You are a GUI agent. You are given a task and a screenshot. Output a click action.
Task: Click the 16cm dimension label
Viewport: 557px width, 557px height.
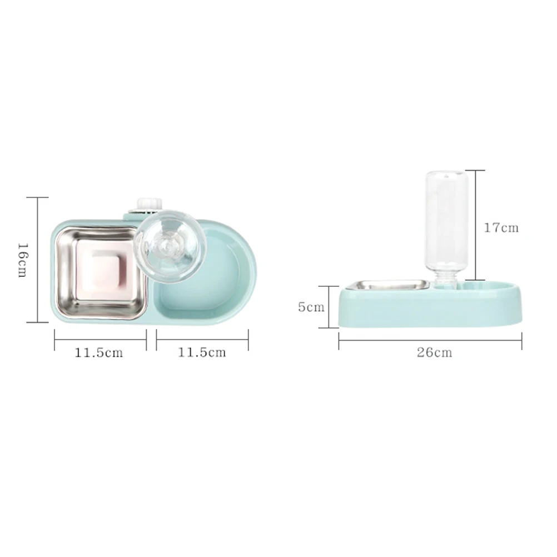click(22, 260)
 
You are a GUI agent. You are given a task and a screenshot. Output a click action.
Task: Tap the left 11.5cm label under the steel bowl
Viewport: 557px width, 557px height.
click(99, 352)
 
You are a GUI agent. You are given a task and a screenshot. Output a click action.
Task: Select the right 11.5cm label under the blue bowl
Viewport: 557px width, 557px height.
click(202, 352)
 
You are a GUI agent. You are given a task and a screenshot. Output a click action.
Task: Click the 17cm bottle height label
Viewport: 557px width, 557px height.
click(501, 227)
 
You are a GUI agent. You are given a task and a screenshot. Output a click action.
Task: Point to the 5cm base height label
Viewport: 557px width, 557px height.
click(311, 307)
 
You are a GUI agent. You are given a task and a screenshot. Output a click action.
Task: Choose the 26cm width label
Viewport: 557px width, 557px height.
click(435, 352)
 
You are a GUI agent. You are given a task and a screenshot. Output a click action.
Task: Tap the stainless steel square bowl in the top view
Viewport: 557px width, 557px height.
click(101, 272)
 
